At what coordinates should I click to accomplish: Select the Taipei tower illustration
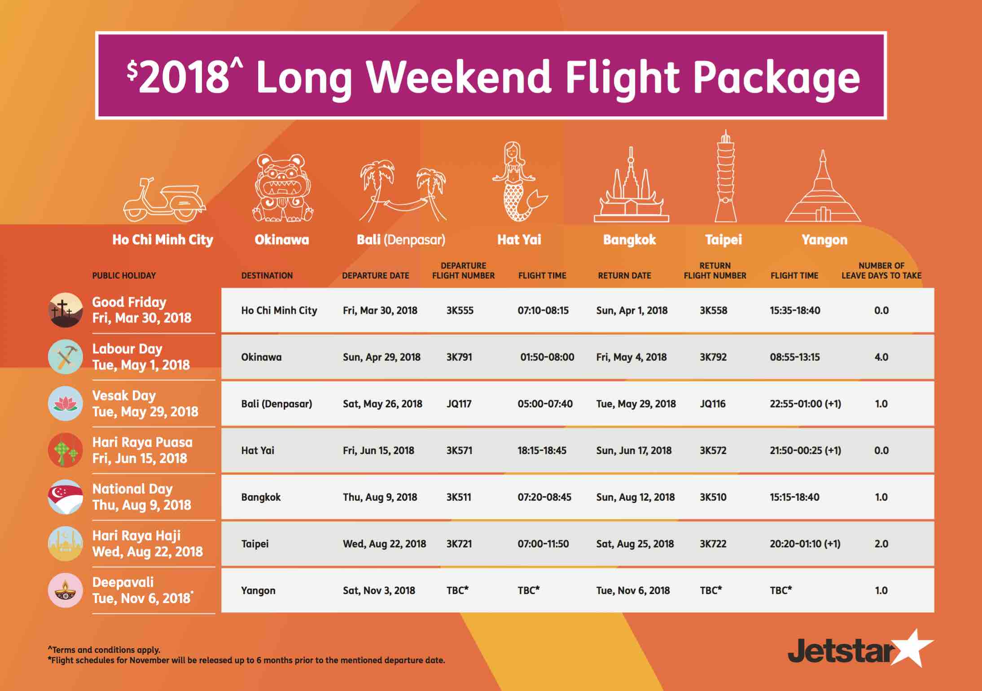pos(725,176)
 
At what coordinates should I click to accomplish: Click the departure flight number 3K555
pos(460,311)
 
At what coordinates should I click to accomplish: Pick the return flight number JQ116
pos(712,404)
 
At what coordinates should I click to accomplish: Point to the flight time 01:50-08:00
pos(547,357)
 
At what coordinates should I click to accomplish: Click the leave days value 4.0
pos(881,357)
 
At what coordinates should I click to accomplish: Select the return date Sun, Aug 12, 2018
pos(635,498)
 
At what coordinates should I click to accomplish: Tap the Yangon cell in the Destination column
pos(258,591)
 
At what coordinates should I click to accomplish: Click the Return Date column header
pos(624,276)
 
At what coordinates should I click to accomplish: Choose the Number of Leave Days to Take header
pos(881,271)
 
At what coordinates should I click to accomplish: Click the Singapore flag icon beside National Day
pos(65,497)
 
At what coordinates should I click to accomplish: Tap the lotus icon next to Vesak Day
pos(65,404)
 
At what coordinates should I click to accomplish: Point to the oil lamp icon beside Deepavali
pos(65,590)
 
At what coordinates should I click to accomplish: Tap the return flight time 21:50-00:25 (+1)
pos(805,450)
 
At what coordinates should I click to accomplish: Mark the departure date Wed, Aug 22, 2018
pos(384,544)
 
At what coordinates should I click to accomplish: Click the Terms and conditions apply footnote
pos(104,650)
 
